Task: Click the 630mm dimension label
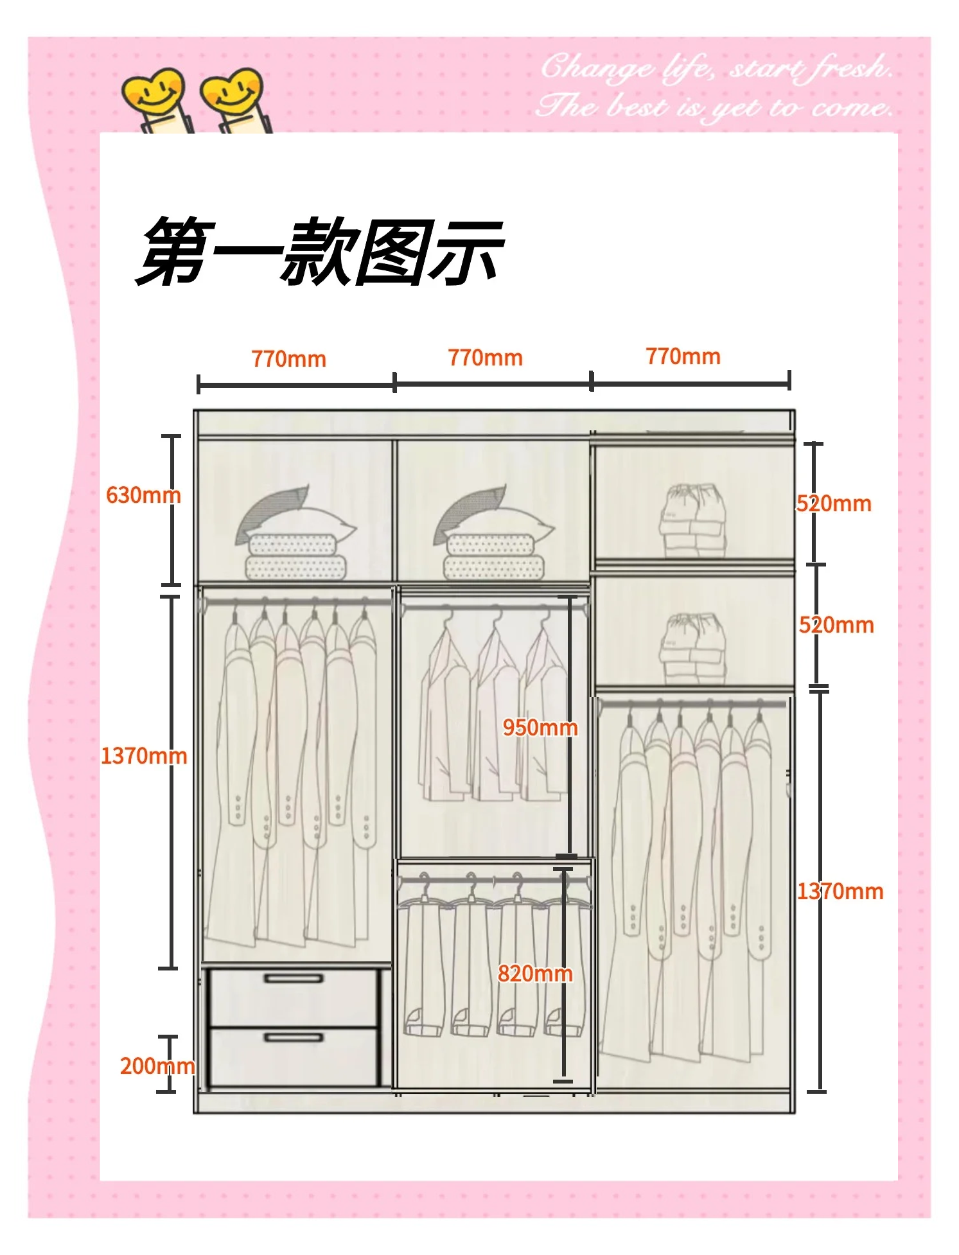[143, 495]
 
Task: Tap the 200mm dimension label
[157, 1066]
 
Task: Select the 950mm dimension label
[540, 728]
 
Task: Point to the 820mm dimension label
[534, 974]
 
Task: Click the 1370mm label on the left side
[143, 756]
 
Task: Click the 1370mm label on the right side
[840, 891]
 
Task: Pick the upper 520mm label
[834, 504]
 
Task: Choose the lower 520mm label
[836, 625]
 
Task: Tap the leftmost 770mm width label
[288, 359]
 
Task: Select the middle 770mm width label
[485, 358]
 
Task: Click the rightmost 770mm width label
[683, 356]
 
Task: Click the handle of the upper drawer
[294, 979]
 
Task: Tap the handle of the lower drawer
[294, 1037]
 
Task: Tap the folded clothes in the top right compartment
[692, 520]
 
